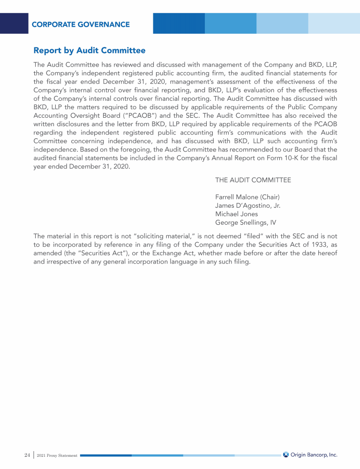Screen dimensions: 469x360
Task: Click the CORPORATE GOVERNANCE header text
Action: [x=81, y=24]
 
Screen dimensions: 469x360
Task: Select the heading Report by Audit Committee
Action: [x=90, y=50]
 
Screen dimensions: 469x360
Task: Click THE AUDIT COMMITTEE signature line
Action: [x=253, y=180]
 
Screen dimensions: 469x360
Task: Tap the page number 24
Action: [x=27, y=455]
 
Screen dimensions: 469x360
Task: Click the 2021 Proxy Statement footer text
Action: [x=57, y=455]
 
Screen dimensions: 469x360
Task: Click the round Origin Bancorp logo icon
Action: [x=286, y=454]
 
